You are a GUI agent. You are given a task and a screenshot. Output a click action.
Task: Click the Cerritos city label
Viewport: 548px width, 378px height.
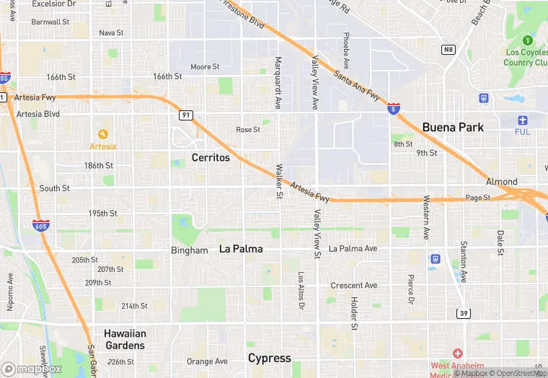click(211, 157)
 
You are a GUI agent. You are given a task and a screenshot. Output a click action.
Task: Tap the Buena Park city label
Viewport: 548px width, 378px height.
click(453, 127)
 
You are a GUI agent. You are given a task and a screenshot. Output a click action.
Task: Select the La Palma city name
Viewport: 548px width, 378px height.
click(241, 249)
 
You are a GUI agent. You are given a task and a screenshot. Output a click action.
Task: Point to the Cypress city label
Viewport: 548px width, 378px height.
click(270, 358)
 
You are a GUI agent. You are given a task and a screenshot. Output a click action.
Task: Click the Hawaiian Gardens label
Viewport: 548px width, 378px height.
click(125, 339)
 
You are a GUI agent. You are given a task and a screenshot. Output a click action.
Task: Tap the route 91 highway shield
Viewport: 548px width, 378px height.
click(186, 115)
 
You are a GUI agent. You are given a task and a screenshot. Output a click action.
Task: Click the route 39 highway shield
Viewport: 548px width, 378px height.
click(463, 312)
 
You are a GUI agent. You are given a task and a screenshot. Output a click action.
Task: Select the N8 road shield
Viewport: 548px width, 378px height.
click(448, 49)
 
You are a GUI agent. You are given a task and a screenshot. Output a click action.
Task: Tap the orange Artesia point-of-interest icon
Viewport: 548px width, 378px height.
click(102, 134)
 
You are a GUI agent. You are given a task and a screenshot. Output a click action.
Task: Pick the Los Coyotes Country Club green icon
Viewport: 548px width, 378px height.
click(528, 40)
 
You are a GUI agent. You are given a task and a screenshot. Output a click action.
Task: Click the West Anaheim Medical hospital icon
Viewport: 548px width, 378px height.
click(457, 353)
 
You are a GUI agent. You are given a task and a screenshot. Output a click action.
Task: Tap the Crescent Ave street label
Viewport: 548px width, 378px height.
click(353, 286)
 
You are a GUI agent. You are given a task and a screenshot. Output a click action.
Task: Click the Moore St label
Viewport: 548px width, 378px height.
click(205, 67)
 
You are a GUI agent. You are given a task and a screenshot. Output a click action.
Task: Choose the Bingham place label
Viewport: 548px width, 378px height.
click(189, 250)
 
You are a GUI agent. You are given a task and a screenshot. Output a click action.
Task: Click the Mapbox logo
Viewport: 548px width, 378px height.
click(32, 369)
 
